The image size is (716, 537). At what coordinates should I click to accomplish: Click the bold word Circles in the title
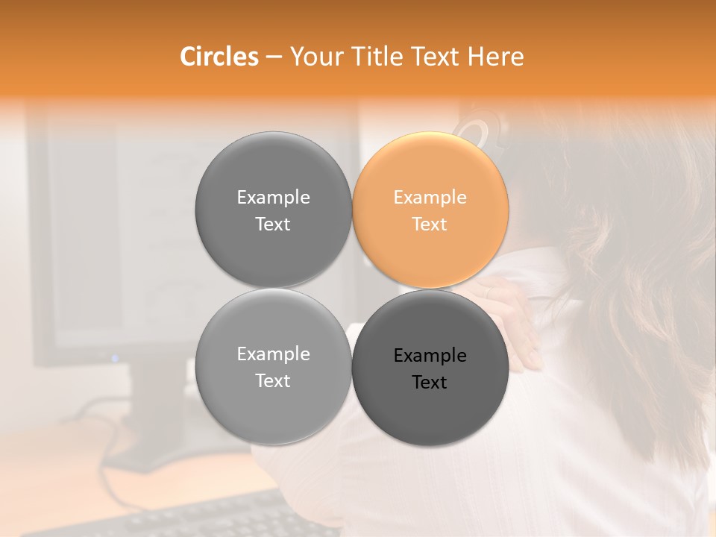point(219,57)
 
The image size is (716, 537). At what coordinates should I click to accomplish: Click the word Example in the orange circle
point(430,198)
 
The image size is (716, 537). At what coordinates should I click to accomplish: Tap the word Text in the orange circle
point(430,224)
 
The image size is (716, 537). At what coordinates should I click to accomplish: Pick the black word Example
point(430,356)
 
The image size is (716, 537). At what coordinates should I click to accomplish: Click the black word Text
point(430,383)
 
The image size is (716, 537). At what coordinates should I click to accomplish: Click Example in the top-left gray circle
point(273,198)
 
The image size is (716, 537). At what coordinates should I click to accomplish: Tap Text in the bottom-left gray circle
point(273,381)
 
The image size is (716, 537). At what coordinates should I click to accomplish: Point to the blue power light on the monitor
point(115,358)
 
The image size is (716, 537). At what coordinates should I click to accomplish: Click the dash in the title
point(274,57)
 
